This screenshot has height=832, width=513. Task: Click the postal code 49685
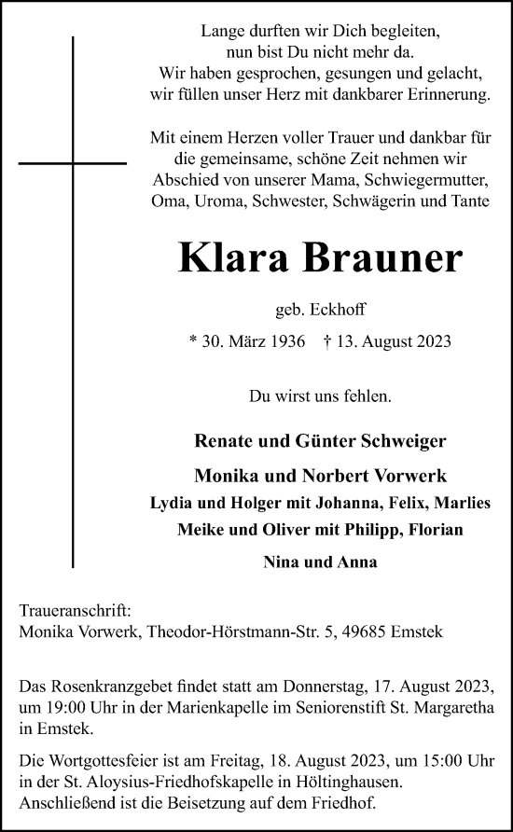pos(374,631)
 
